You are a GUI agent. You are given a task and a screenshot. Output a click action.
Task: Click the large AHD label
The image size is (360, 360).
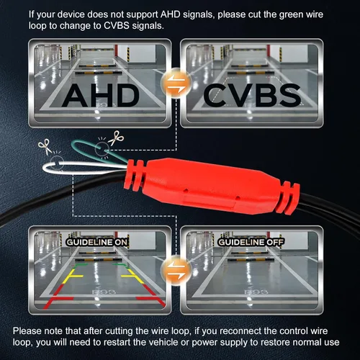(x=100, y=96)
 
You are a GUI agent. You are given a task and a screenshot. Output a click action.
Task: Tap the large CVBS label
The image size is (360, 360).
(x=252, y=96)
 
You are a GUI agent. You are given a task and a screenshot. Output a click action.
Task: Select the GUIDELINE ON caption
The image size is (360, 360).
(x=96, y=242)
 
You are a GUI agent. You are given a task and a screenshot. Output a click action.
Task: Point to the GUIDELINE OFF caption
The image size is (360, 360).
(x=251, y=242)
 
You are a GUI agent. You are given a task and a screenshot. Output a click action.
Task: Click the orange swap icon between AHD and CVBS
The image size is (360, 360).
(x=176, y=83)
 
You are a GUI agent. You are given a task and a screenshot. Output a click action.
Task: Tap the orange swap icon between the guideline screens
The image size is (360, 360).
(x=176, y=271)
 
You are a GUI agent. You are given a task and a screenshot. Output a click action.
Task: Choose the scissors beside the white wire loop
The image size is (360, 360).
(x=45, y=146)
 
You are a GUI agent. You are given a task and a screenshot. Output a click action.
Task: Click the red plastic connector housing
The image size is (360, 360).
(x=211, y=186)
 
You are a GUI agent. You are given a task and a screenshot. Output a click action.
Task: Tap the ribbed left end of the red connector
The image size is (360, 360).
(x=134, y=175)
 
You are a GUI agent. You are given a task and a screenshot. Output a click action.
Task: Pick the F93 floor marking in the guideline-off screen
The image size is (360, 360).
(x=256, y=292)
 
